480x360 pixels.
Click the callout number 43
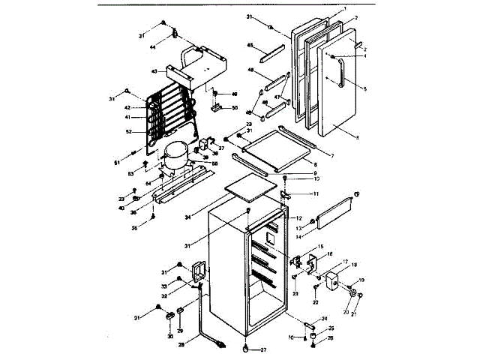[x=153, y=71]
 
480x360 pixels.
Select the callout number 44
[x=152, y=47]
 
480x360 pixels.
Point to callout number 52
[x=128, y=132]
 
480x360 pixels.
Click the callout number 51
[x=116, y=161]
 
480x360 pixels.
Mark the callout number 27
[x=263, y=349]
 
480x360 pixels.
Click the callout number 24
[x=324, y=318]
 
